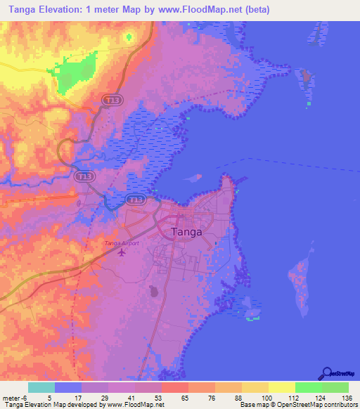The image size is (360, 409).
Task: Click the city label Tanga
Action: [186, 231]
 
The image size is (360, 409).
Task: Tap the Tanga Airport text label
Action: [122, 243]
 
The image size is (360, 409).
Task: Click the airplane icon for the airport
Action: [122, 252]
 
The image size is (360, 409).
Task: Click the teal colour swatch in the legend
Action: [41, 387]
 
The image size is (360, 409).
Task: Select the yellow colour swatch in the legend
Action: [281, 387]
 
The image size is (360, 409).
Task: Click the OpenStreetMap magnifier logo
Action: [326, 373]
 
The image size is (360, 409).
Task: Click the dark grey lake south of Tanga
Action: [153, 290]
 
